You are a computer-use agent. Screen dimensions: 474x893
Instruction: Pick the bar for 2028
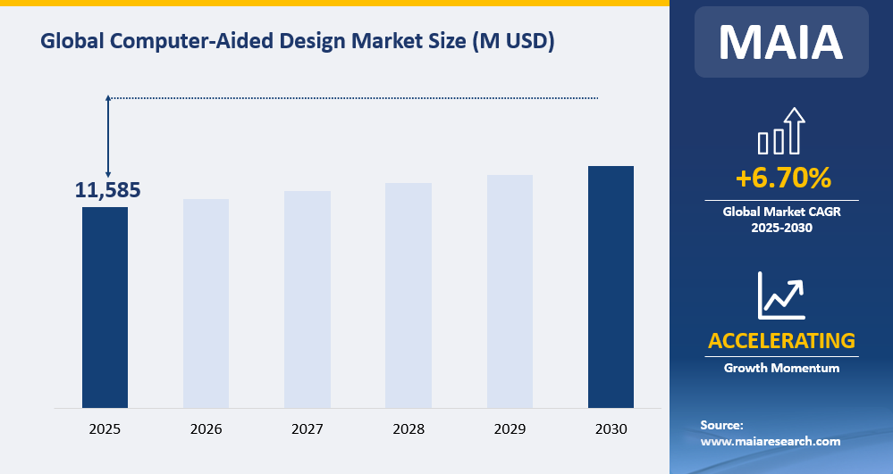(x=409, y=295)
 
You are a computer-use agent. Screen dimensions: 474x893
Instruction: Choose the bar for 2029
(x=510, y=292)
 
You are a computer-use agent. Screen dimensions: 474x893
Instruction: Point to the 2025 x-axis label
(x=105, y=429)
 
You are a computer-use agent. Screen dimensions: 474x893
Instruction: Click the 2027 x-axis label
(x=307, y=429)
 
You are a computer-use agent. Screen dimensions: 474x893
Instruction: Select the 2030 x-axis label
(x=611, y=429)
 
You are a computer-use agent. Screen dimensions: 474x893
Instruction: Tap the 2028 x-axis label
(x=409, y=429)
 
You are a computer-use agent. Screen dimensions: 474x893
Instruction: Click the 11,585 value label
(x=107, y=190)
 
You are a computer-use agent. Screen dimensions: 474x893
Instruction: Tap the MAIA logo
(x=781, y=41)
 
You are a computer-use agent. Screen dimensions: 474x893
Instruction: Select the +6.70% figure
(x=782, y=179)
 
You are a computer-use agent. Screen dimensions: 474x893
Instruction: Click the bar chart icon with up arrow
(x=781, y=131)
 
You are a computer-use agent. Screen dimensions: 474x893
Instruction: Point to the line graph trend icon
(x=781, y=295)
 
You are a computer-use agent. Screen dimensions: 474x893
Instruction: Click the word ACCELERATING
(x=781, y=341)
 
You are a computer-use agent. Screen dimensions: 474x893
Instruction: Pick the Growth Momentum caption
(x=781, y=368)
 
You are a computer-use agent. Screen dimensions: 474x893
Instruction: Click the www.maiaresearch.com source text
(x=770, y=441)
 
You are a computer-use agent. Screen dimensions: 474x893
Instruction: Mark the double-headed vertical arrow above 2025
(x=108, y=136)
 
